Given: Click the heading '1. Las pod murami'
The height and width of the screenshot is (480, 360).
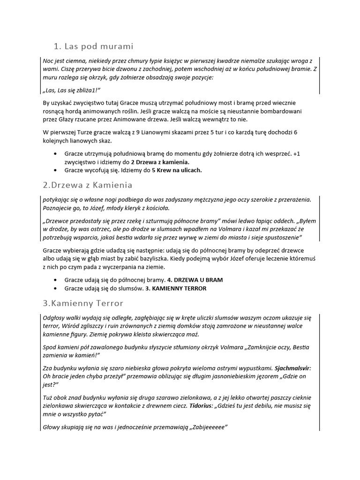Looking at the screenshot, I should pos(93,46).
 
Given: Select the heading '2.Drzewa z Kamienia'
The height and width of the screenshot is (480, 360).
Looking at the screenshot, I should pos(87,185).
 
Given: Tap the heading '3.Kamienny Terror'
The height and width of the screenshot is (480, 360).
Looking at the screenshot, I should pos(82,303).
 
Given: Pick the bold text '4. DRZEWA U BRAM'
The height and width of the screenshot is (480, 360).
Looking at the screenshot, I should pos(195,280).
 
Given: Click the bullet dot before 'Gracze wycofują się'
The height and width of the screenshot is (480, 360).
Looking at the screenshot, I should pos(56,170).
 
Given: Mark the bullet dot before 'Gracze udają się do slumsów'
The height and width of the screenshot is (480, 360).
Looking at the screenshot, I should pos(56,288).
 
